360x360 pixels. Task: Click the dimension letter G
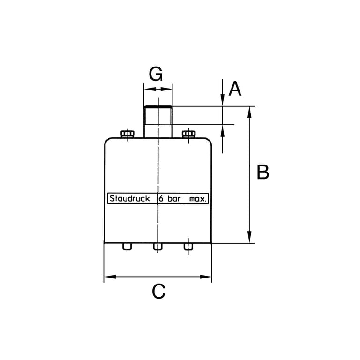156,74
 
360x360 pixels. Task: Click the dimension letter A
235,89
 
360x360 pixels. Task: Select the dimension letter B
263,172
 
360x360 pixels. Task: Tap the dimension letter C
158,291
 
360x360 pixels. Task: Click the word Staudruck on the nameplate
130,198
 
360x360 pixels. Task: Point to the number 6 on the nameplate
161,199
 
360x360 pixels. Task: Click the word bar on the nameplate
174,199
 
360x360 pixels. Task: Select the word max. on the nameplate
198,199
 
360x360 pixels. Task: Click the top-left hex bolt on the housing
127,134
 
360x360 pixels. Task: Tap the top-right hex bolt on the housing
188,134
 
